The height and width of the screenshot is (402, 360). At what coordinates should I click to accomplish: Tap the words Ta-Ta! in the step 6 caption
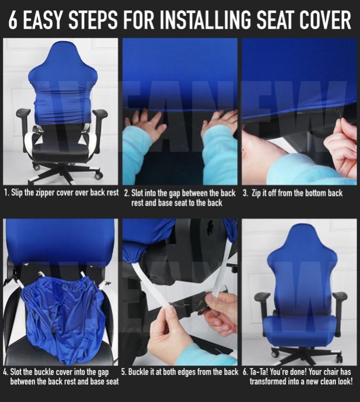(259, 372)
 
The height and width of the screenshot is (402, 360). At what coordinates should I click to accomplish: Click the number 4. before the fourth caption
(5, 372)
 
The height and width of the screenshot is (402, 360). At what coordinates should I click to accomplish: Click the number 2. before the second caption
(126, 193)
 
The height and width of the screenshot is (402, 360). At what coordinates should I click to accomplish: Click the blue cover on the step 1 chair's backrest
(62, 89)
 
